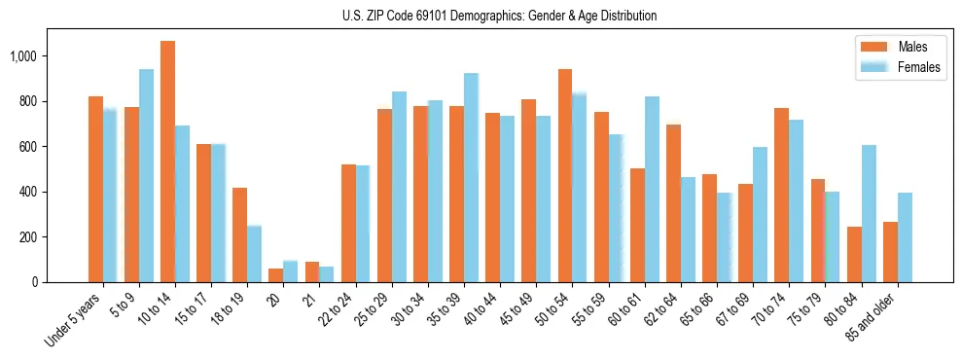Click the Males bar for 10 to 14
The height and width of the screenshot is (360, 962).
point(167,162)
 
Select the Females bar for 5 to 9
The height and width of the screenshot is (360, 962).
point(146,175)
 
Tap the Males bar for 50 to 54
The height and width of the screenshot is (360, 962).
point(565,175)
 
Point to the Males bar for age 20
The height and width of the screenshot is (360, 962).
point(275,275)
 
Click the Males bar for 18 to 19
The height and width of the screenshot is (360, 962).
point(239,234)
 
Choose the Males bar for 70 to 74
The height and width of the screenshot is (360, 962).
point(781,195)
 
